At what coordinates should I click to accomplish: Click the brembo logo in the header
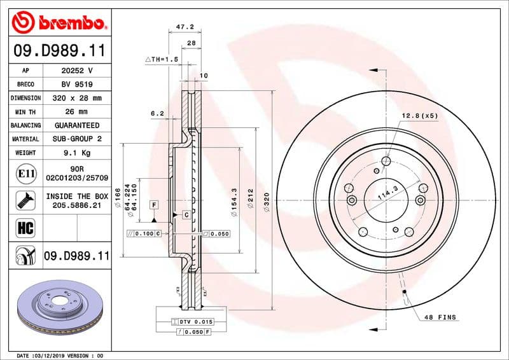tap(59, 24)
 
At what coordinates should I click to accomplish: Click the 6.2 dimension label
tap(157, 113)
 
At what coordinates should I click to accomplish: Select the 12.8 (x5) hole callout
tap(419, 116)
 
